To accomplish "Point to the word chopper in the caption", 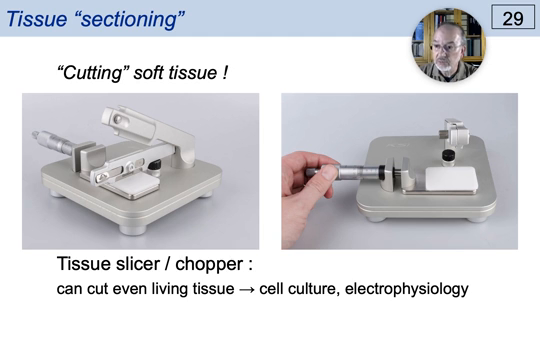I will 207,266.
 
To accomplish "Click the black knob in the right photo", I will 448,156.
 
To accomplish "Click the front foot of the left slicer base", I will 131,226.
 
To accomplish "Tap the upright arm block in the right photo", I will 456,135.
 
